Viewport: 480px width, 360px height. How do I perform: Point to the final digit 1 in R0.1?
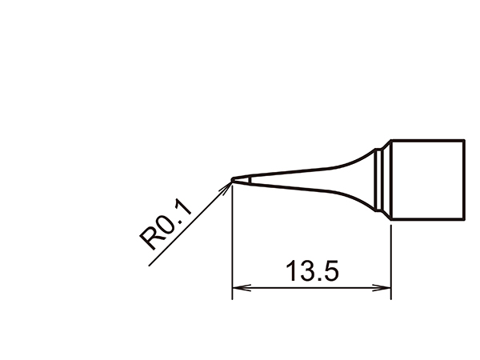(182, 210)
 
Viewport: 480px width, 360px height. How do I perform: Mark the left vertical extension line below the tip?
(232, 240)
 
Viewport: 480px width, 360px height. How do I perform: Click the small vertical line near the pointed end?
(247, 181)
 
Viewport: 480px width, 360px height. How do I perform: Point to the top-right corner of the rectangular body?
(464, 140)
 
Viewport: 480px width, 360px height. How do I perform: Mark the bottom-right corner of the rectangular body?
(464, 218)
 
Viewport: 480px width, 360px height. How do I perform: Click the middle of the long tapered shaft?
(304, 181)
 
